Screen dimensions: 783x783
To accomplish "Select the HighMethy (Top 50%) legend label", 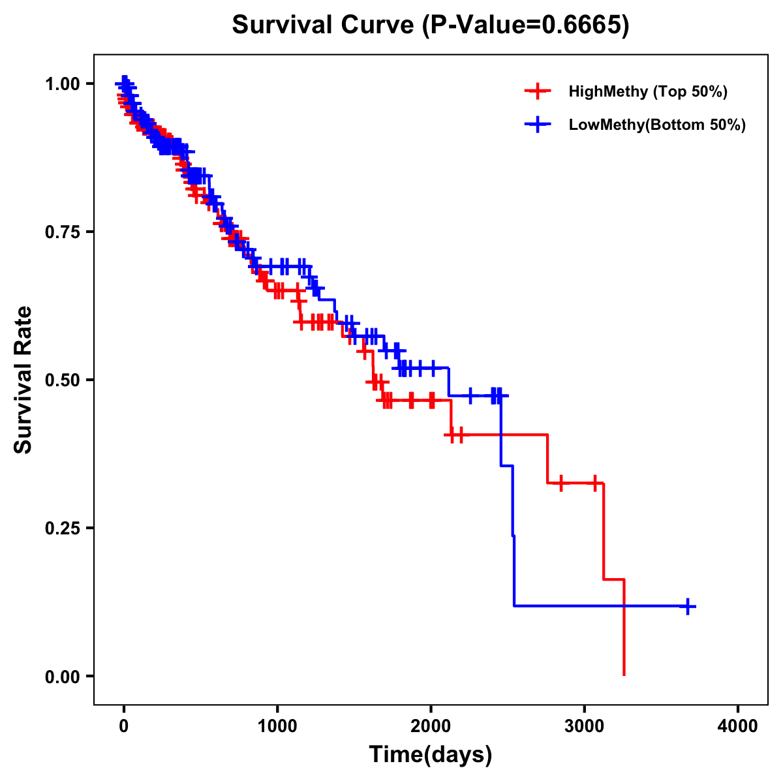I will pyautogui.click(x=648, y=91).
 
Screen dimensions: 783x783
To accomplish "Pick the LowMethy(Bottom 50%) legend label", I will pyautogui.click(x=657, y=125).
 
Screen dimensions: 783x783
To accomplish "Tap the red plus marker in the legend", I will pyautogui.click(x=538, y=91).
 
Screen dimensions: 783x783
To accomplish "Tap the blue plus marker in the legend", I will pyautogui.click(x=538, y=125).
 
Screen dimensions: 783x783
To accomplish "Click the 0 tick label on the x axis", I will pyautogui.click(x=124, y=726).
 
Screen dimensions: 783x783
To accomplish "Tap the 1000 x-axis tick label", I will pyautogui.click(x=277, y=726).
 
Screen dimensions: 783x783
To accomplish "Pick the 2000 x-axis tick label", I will pyautogui.click(x=431, y=726).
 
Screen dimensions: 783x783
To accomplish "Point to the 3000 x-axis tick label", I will pyautogui.click(x=585, y=726).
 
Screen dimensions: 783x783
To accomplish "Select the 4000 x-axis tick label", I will pyautogui.click(x=738, y=726).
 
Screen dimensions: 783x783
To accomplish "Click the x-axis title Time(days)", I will pyautogui.click(x=431, y=755).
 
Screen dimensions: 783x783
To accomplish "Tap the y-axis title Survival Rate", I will pyautogui.click(x=24, y=380).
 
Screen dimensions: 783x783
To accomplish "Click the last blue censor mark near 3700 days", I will pyautogui.click(x=687, y=606).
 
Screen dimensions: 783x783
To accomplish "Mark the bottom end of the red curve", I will pyautogui.click(x=624, y=674).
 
